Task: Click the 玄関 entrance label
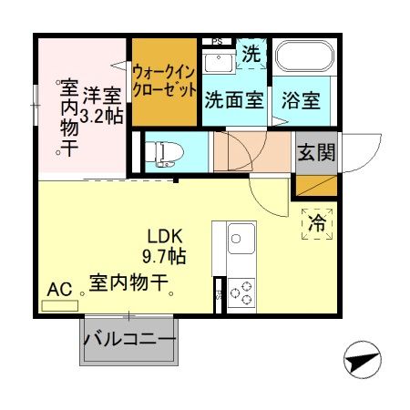point(314,150)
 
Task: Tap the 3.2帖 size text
point(101,116)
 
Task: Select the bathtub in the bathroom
point(306,58)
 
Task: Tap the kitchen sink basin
point(241,241)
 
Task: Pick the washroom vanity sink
point(218,61)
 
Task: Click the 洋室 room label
point(101,94)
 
